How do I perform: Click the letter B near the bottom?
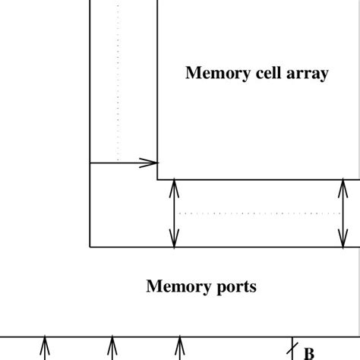coord(309,353)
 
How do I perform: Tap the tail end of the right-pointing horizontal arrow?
coord(91,163)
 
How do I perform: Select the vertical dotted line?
coord(118,84)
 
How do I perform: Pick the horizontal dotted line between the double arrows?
coord(258,213)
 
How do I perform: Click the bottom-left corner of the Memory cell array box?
coord(158,179)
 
